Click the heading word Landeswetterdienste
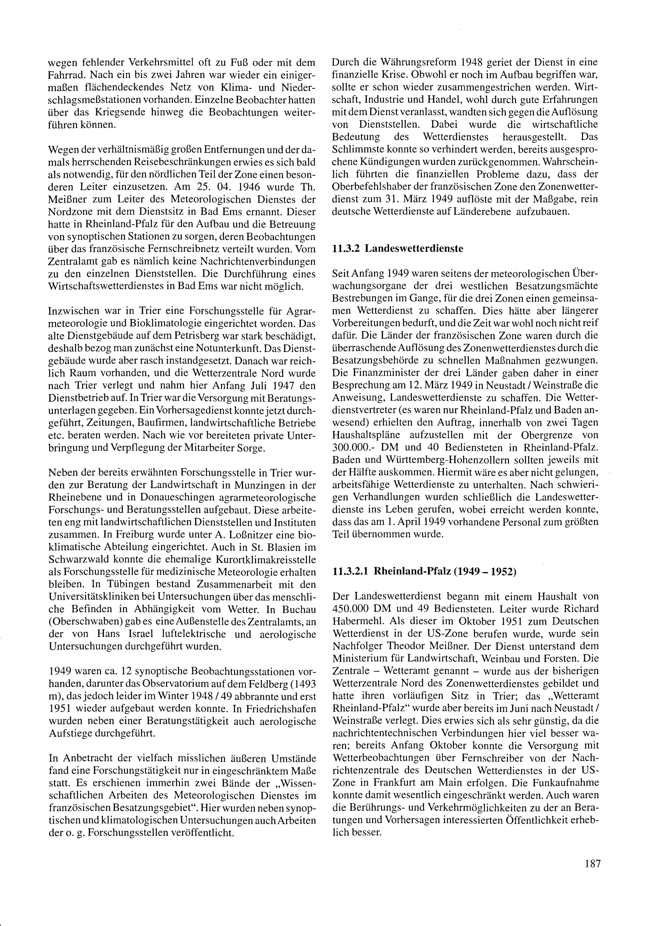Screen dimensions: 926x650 coord(414,249)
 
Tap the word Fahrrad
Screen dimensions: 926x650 coord(67,75)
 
